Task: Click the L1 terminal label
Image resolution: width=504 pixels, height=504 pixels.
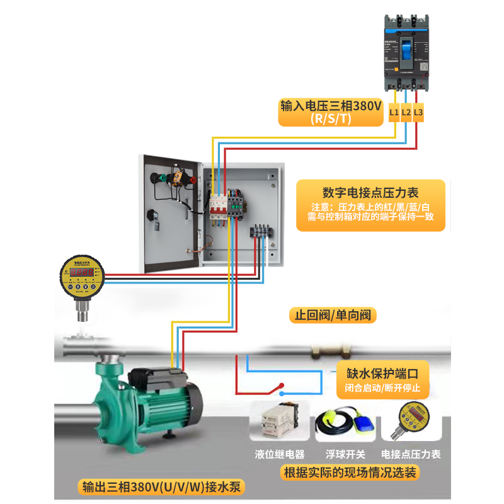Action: (x=394, y=113)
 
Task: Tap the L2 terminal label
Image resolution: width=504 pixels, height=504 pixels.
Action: (x=406, y=113)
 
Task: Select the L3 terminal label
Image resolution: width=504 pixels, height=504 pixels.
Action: (x=418, y=113)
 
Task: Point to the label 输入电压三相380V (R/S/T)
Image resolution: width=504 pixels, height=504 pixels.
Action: (x=331, y=112)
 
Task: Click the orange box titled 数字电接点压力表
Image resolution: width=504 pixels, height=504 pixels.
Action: (x=370, y=205)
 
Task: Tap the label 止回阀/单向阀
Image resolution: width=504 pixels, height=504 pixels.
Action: (x=333, y=314)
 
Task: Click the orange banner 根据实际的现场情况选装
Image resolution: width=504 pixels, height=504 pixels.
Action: (x=350, y=472)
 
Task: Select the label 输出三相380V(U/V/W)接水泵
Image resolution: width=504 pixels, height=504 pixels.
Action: (x=161, y=487)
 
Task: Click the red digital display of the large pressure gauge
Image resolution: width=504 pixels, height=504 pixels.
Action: (x=82, y=273)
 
